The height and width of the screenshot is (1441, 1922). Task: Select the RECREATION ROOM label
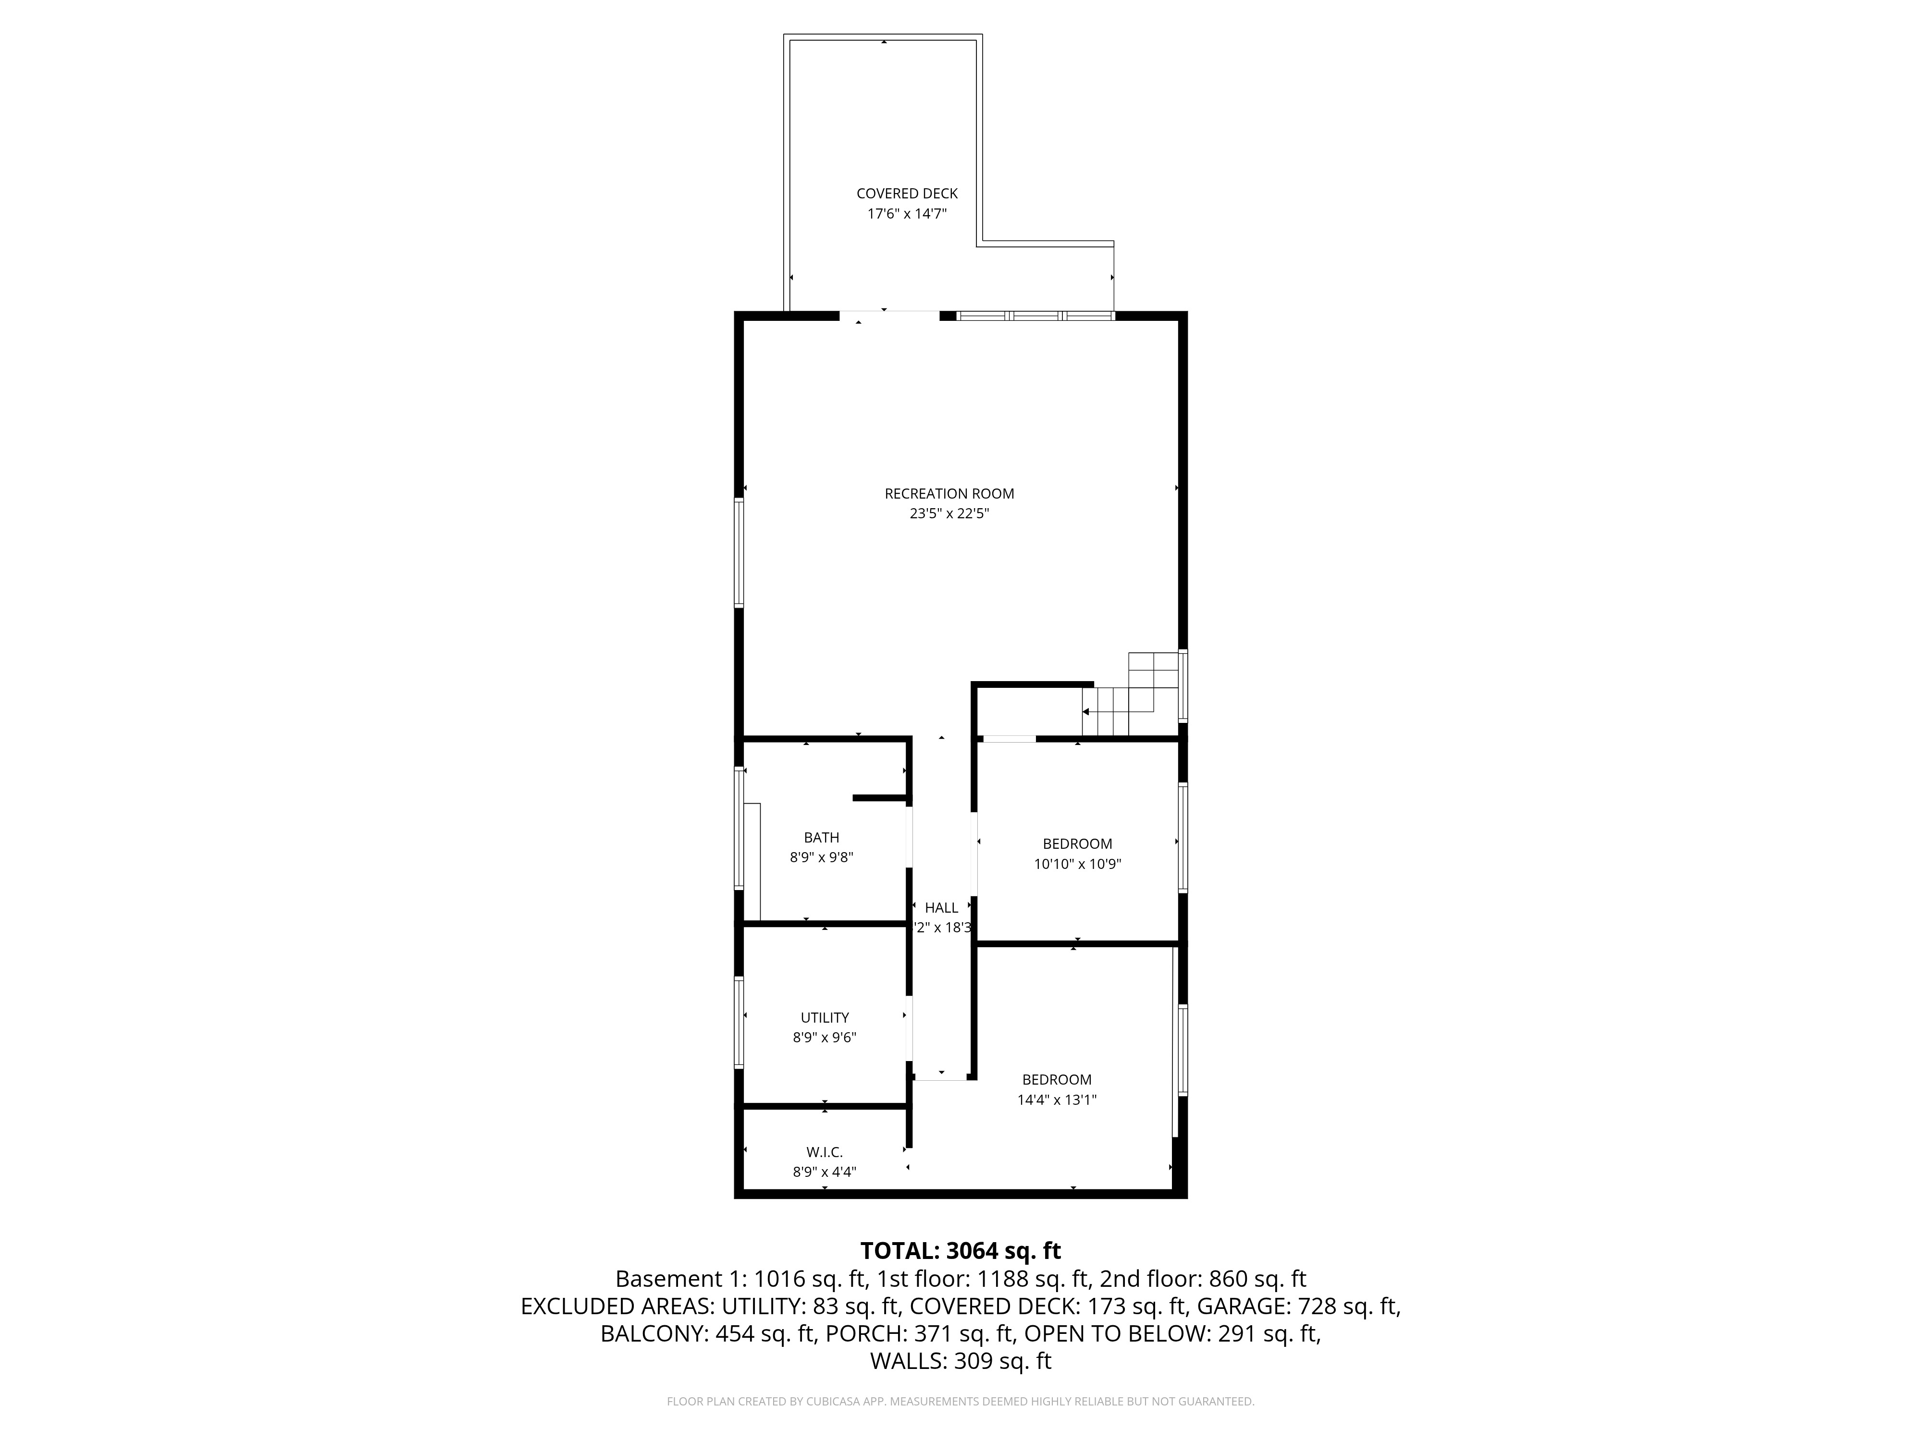click(x=949, y=493)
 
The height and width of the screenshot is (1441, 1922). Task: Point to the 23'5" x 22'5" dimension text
click(x=949, y=513)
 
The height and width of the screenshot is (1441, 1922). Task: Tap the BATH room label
click(x=821, y=837)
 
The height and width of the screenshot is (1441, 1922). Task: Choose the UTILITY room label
click(x=825, y=1017)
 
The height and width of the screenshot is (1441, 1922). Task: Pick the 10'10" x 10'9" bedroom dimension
click(x=1077, y=864)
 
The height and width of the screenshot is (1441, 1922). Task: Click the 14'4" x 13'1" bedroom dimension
click(x=1057, y=1099)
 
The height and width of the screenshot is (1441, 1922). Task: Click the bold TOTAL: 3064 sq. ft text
click(x=960, y=1251)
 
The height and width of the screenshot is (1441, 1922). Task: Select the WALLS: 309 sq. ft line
click(x=960, y=1361)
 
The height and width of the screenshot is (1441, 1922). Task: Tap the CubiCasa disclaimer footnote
click(x=960, y=1401)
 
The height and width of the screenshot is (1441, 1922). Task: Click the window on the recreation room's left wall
click(x=739, y=552)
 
